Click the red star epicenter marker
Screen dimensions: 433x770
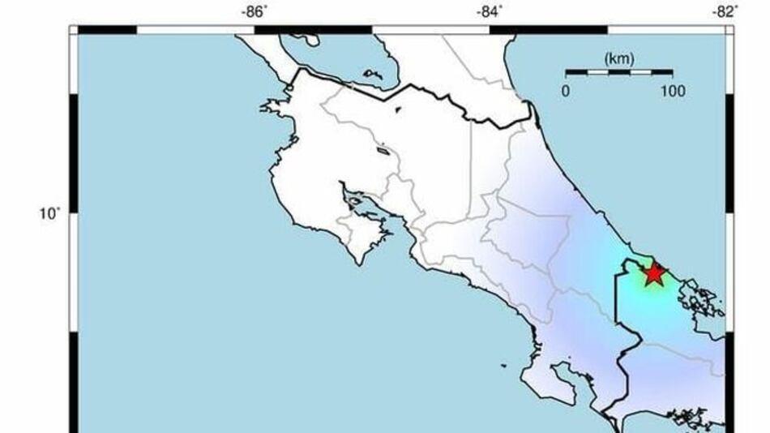[x=654, y=274]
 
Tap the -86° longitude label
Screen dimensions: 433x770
[x=255, y=11]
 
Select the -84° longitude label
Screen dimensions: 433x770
[x=489, y=11]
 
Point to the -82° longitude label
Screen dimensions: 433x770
[x=725, y=11]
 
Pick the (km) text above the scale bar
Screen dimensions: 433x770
[x=618, y=58]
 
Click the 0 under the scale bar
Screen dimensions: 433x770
[x=566, y=91]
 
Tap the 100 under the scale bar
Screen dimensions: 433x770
[x=672, y=91]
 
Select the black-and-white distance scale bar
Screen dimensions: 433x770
[x=618, y=73]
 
